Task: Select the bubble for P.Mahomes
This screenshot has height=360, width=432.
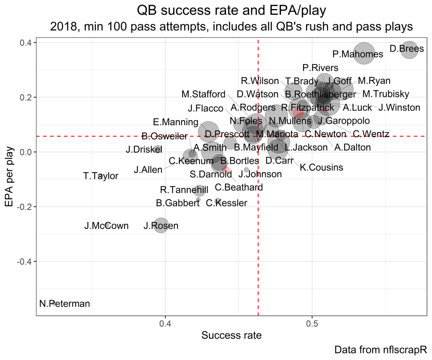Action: click(364, 54)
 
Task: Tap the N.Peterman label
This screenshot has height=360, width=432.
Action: click(65, 304)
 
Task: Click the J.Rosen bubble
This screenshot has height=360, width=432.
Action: click(161, 226)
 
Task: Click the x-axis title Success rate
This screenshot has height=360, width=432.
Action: click(231, 336)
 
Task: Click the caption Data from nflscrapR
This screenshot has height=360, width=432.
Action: click(380, 350)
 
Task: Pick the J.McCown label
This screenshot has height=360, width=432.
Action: click(106, 226)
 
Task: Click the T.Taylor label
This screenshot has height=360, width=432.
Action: click(100, 176)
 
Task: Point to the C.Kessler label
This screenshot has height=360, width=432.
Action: click(226, 203)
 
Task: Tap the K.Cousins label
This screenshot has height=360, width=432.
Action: click(321, 167)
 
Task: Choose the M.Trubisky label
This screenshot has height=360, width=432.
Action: click(386, 94)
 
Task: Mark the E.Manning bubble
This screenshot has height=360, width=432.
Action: click(208, 132)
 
